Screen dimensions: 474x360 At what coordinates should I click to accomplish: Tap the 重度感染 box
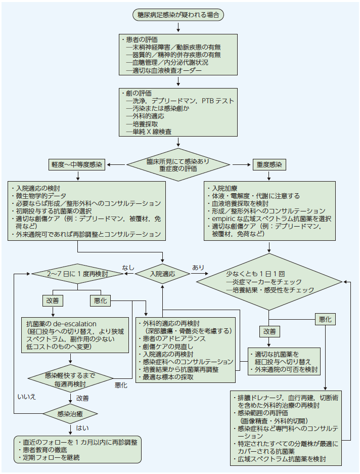click(268, 165)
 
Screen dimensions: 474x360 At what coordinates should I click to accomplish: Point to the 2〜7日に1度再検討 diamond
click(77, 274)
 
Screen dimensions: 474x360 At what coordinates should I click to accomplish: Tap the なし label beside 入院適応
click(128, 267)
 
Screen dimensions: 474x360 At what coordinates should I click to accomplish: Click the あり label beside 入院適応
click(198, 267)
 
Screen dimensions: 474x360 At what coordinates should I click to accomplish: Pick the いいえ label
click(26, 397)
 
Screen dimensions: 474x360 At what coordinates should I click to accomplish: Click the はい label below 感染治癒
click(81, 428)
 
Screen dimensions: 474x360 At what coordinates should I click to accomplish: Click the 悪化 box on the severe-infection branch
click(325, 319)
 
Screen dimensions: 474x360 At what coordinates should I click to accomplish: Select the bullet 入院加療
click(226, 188)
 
